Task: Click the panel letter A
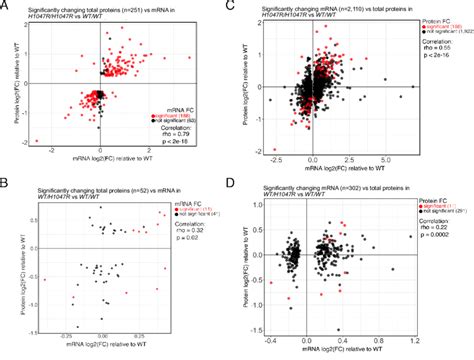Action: point(6,6)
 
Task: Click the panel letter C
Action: point(244,6)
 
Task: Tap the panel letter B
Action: point(6,183)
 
